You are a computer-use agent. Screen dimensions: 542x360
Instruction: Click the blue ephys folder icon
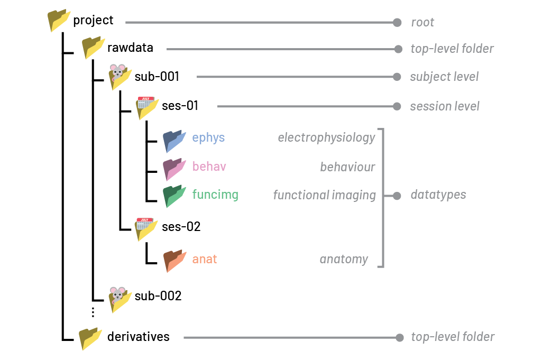coord(174,141)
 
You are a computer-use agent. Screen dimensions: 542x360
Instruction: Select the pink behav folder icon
coord(174,169)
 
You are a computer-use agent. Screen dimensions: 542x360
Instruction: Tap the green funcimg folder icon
coord(174,196)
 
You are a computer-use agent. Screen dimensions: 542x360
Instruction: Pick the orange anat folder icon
coord(174,261)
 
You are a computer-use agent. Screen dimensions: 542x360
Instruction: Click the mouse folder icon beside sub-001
coord(120,77)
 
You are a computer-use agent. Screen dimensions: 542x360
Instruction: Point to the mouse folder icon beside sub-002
coord(120,300)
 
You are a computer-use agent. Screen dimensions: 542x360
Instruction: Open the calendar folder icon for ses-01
coord(147,108)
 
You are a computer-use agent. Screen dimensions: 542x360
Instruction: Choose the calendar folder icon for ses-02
coord(146,229)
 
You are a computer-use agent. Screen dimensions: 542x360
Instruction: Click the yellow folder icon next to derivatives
coord(90,338)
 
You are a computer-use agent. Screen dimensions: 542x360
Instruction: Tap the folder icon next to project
coord(59,21)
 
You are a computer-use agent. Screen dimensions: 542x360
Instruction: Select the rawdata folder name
coord(130,48)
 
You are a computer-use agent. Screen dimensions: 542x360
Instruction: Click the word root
coord(422,22)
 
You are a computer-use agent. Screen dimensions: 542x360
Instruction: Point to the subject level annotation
coord(444,77)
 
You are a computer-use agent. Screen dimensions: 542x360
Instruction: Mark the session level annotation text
coord(445,106)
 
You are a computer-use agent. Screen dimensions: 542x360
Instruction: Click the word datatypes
coord(438,195)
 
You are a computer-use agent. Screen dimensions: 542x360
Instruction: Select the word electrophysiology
coord(326,137)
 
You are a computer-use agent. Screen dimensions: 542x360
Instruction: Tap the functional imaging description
coord(324,195)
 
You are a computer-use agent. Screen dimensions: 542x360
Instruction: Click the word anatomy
coord(344,259)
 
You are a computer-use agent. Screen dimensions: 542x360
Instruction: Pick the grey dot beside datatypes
coord(397,196)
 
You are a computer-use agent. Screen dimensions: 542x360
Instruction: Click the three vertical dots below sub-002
coord(93,312)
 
